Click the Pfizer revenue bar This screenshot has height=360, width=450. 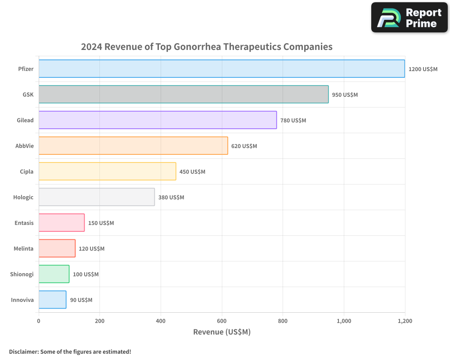(x=221, y=69)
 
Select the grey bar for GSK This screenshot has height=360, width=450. (x=183, y=94)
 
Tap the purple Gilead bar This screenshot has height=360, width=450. (x=157, y=120)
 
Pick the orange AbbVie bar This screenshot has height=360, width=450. (x=133, y=146)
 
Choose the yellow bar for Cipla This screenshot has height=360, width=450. (x=107, y=171)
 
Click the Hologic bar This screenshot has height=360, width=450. (x=96, y=197)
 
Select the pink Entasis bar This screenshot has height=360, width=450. (x=62, y=223)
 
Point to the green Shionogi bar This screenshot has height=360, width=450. (x=54, y=274)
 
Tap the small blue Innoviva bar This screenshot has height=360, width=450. (x=52, y=300)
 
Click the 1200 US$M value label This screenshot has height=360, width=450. (x=423, y=69)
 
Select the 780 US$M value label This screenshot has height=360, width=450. (x=293, y=121)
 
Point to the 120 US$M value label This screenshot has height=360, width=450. (x=91, y=249)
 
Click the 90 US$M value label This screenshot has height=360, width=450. (x=81, y=300)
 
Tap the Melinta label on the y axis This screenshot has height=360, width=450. (x=23, y=249)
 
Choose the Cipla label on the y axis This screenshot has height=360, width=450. (x=27, y=171)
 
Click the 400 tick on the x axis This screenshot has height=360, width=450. (x=161, y=321)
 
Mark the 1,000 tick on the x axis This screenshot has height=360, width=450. (x=344, y=321)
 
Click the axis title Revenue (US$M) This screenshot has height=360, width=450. (x=221, y=332)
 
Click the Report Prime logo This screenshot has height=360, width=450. (x=409, y=18)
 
